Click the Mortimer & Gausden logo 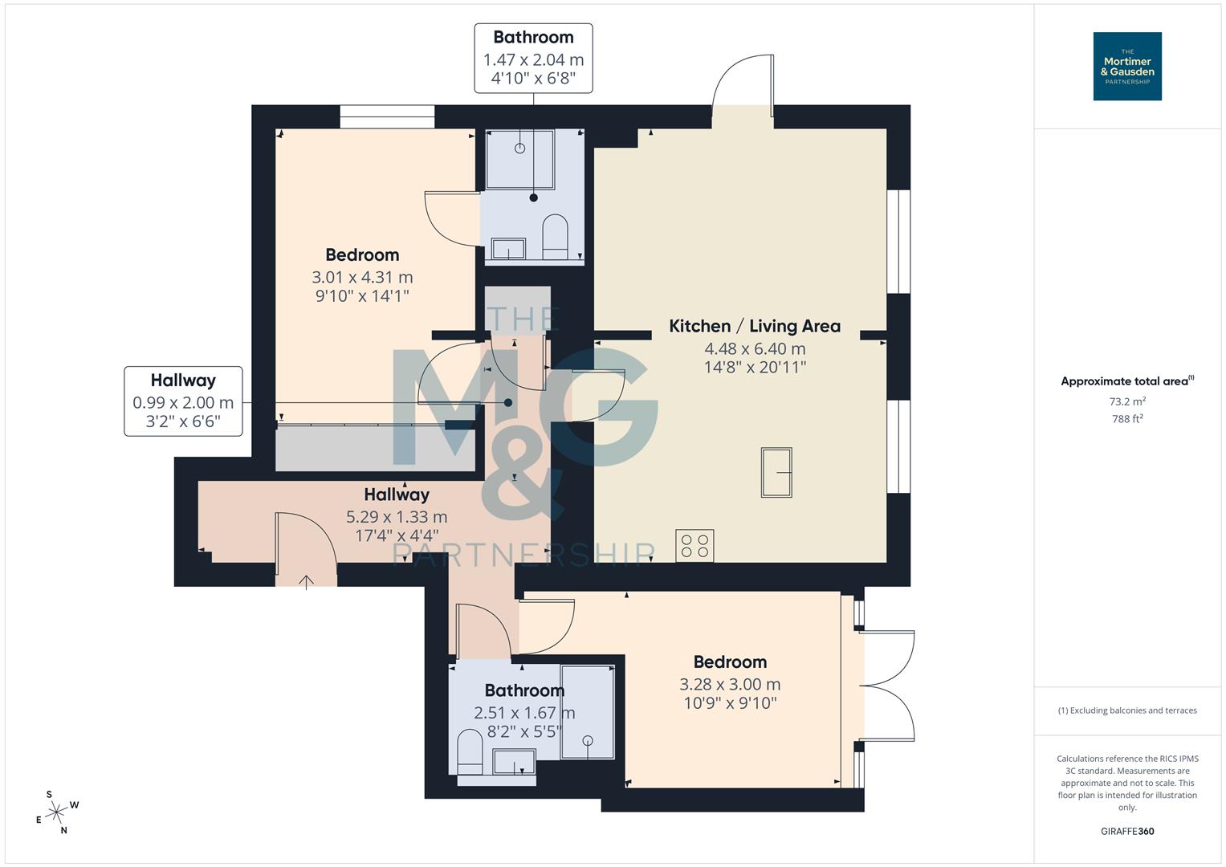[x=1126, y=66]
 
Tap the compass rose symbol [x=57, y=812]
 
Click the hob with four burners [x=694, y=546]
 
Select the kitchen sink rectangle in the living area [x=776, y=472]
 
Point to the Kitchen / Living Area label [x=754, y=326]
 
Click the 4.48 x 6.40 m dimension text [x=754, y=348]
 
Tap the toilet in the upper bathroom [x=555, y=237]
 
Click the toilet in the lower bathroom [x=469, y=751]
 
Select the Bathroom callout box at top [x=533, y=58]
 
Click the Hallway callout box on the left [x=183, y=401]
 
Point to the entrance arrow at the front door [x=307, y=580]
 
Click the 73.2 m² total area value [x=1126, y=401]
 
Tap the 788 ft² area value [x=1126, y=419]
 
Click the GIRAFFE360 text [x=1126, y=831]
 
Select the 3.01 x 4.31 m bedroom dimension [x=362, y=277]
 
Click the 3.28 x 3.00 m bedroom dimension [x=729, y=684]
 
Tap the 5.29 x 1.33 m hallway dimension [x=397, y=517]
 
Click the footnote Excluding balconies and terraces [x=1126, y=710]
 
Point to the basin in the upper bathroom [x=508, y=249]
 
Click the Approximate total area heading [x=1126, y=381]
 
